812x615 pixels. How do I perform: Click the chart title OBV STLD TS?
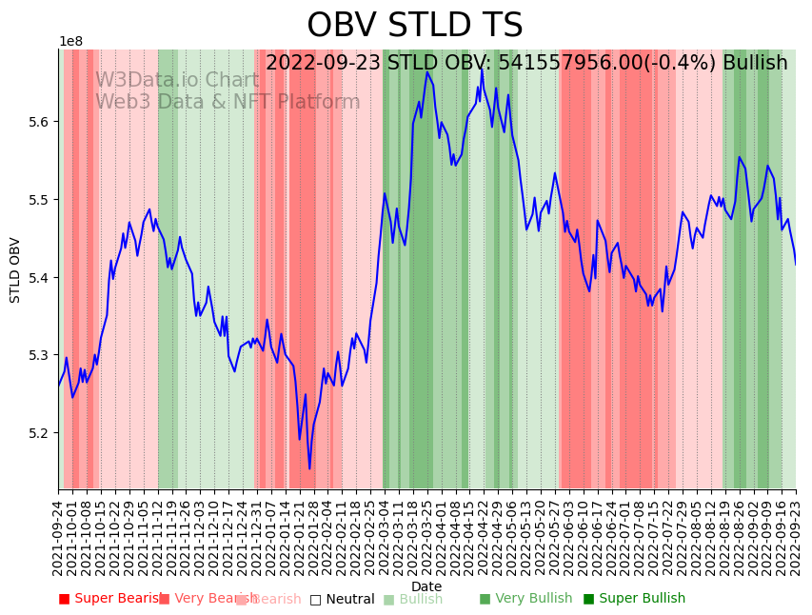point(414,26)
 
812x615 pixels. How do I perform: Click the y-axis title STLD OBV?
point(15,269)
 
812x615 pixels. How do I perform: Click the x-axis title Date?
point(426,586)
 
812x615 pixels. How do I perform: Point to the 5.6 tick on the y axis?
point(39,122)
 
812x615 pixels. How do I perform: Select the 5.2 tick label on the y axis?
point(39,433)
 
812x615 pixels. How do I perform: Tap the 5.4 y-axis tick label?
point(39,278)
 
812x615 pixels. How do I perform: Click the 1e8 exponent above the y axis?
point(70,42)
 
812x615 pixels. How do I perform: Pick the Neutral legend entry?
point(342,599)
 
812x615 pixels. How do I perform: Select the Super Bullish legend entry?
point(633,599)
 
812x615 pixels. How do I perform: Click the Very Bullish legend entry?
point(525,599)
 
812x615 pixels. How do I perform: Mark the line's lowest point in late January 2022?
point(309,468)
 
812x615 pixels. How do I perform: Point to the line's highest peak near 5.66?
point(427,72)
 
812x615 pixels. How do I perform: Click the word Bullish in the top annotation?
point(755,64)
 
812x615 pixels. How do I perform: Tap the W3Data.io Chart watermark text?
point(176,80)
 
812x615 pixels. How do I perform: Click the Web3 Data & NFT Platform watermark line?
point(228,102)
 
